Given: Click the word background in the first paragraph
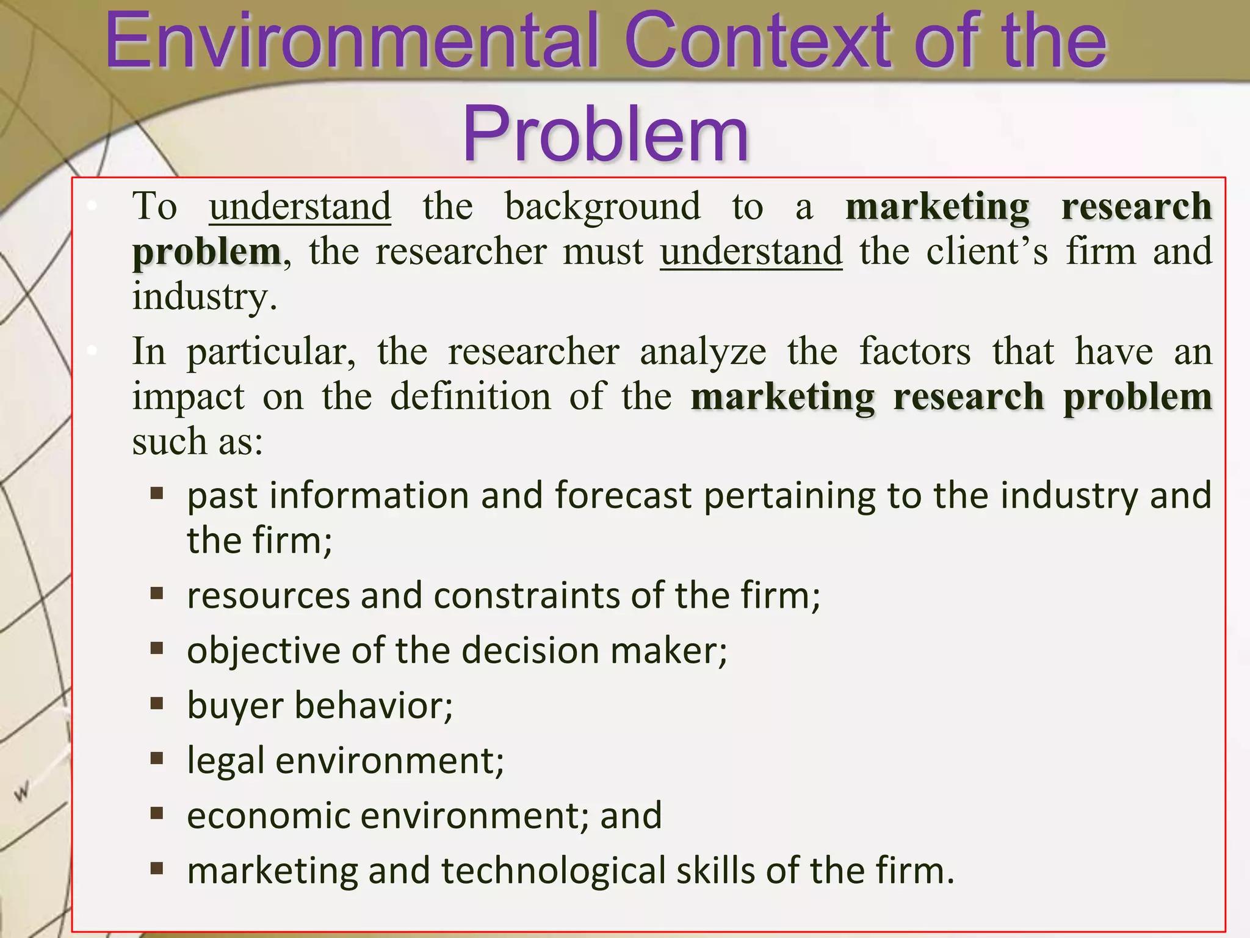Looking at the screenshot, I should [x=602, y=207].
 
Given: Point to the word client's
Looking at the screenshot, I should [x=987, y=251].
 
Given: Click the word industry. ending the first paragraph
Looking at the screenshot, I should [x=205, y=297].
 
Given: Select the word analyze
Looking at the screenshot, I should [x=703, y=352].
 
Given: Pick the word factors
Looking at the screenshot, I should [x=915, y=352].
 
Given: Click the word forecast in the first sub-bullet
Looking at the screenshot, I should [x=623, y=495].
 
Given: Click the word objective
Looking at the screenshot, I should [x=263, y=651].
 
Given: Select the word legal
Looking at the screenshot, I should [x=225, y=761].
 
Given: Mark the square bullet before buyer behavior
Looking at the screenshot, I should [x=157, y=704].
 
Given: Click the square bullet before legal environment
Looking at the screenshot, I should [x=157, y=759].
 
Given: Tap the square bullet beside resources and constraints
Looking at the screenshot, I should [x=157, y=594].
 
